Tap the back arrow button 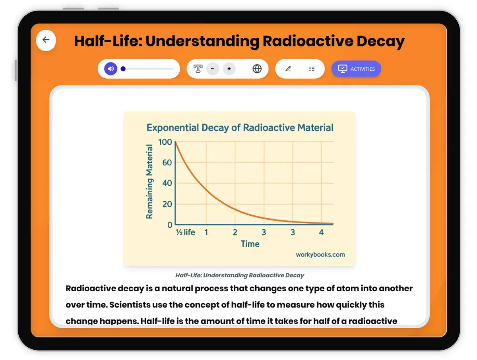[x=46, y=40]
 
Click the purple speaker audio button [x=111, y=69]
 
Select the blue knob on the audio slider [x=123, y=69]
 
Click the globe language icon [x=257, y=69]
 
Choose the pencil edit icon [x=288, y=69]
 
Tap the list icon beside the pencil [x=312, y=69]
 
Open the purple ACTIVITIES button [x=356, y=69]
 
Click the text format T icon [x=198, y=69]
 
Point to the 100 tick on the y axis [x=165, y=142]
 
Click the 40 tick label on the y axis [x=167, y=184]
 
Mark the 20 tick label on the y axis [x=167, y=204]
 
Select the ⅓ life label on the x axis [x=186, y=232]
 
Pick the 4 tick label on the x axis [x=322, y=232]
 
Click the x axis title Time [x=250, y=244]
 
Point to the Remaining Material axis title [x=150, y=182]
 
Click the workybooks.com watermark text [x=320, y=255]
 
